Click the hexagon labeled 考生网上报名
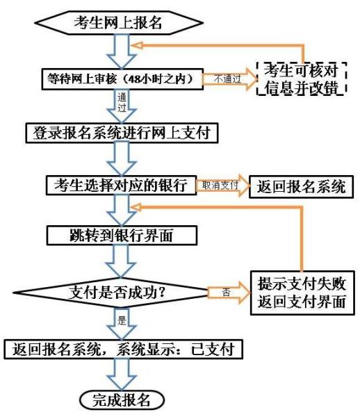coord(119,23)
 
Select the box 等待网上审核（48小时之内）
coord(122,79)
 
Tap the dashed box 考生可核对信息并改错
coord(301,79)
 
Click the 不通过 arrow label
coord(227,79)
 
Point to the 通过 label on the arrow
coord(122,103)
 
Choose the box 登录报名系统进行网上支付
coord(122,133)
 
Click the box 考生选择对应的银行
coord(121,185)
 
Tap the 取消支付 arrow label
coord(220,186)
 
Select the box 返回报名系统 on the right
coord(301,187)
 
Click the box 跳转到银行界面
coord(122,236)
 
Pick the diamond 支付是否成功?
coord(111,293)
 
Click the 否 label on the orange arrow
coord(226,293)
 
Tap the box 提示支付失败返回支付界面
coord(302,293)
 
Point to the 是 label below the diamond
coord(122,320)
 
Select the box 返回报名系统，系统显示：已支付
coord(124,349)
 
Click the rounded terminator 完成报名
coord(122,400)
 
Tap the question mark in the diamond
coord(161,293)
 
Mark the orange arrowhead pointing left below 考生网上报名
coord(136,45)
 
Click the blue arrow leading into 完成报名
coord(122,375)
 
